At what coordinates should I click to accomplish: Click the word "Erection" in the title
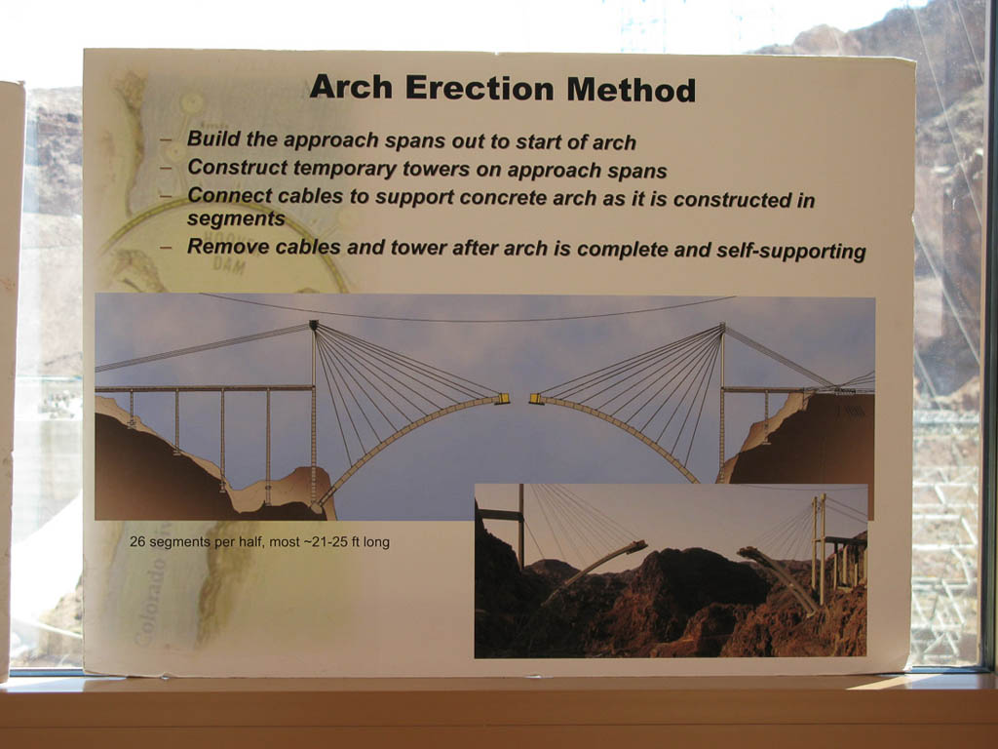480,88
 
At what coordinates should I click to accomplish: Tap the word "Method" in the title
632,90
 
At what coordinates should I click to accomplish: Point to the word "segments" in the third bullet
236,218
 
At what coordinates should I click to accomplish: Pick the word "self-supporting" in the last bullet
791,251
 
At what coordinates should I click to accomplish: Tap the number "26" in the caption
136,541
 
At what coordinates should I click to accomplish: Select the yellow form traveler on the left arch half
502,399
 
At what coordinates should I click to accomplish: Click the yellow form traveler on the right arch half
537,399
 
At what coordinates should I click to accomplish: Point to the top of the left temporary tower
313,325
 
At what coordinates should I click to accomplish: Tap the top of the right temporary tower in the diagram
722,327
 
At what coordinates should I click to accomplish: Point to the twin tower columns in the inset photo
819,549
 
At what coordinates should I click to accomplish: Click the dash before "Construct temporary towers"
166,168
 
